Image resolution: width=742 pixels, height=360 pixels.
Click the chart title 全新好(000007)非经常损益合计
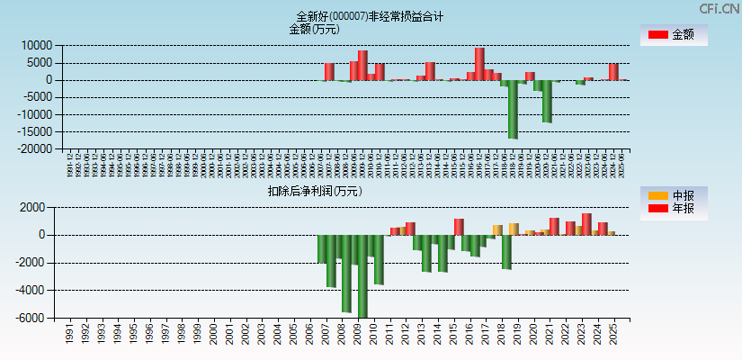pyautogui.click(x=370, y=16)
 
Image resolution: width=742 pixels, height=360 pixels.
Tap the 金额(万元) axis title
pyautogui.click(x=314, y=29)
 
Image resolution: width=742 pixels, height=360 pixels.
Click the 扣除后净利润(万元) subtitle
pyautogui.click(x=314, y=191)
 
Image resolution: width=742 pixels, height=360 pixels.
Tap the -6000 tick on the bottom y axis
pyautogui.click(x=32, y=319)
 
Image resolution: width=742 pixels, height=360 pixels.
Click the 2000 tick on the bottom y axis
pyautogui.click(x=34, y=207)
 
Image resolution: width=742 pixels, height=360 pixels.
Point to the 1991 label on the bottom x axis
pyautogui.click(x=70, y=335)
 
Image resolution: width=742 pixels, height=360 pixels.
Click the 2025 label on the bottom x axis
pyautogui.click(x=613, y=335)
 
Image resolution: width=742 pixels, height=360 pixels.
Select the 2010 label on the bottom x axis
pyautogui.click(x=373, y=335)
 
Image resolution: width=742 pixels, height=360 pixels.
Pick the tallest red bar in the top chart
pyautogui.click(x=479, y=64)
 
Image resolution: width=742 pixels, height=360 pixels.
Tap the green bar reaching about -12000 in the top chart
pyautogui.click(x=547, y=101)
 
